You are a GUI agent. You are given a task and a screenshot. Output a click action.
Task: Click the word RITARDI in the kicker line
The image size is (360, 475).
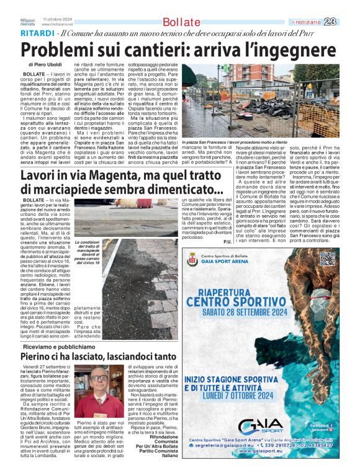[x=37, y=32]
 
